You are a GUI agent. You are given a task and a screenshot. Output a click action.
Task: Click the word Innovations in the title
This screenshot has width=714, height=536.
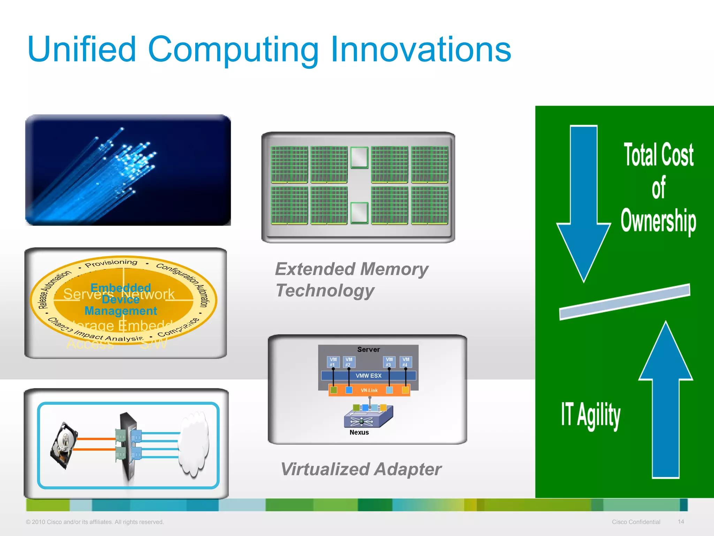click(421, 50)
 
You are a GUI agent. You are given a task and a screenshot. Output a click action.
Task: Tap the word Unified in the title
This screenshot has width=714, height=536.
click(82, 50)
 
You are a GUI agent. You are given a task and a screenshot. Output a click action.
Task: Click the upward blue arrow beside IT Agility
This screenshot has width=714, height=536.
click(666, 401)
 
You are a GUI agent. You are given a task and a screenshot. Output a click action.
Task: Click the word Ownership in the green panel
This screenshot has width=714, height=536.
click(658, 221)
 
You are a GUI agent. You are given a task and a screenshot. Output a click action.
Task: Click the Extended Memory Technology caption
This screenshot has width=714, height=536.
click(351, 280)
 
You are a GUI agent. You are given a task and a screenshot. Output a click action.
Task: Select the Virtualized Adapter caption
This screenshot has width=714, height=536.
click(361, 469)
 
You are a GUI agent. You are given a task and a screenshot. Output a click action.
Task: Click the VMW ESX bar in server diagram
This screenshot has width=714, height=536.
click(369, 376)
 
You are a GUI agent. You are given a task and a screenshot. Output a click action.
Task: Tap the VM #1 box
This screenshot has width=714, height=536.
click(333, 362)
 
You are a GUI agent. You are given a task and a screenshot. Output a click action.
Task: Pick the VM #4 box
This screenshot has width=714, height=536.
click(406, 362)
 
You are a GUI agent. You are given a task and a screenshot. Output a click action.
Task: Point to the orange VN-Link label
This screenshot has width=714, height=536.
click(369, 390)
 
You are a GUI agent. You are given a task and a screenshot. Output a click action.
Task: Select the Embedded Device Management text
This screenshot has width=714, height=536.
click(121, 299)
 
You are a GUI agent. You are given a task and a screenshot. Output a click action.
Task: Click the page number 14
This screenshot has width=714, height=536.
click(681, 521)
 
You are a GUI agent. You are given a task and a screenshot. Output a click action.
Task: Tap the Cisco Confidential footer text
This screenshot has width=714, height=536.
click(636, 522)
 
